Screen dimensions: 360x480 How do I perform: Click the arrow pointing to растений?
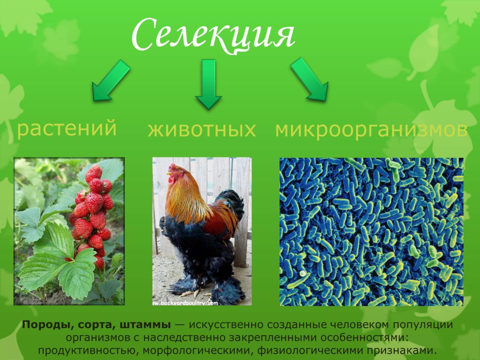point(111,81)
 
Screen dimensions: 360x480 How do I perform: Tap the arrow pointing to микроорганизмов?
point(310,79)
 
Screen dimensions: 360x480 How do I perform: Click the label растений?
point(66,128)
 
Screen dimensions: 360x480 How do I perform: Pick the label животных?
point(202,130)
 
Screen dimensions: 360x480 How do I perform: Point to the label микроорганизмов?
point(371,130)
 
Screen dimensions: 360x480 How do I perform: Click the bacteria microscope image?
point(371,231)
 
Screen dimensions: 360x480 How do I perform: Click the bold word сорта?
point(94,325)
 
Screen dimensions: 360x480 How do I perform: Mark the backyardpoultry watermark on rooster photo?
point(186,303)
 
